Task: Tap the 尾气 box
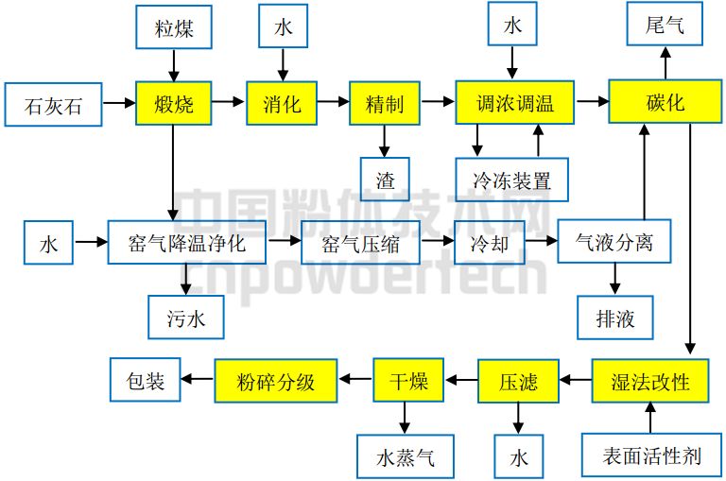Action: (665, 26)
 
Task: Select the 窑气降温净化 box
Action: (186, 243)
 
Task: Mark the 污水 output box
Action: (186, 318)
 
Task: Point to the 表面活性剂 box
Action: (652, 457)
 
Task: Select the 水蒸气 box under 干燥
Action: (404, 457)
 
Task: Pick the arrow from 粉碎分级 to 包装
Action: (198, 380)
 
